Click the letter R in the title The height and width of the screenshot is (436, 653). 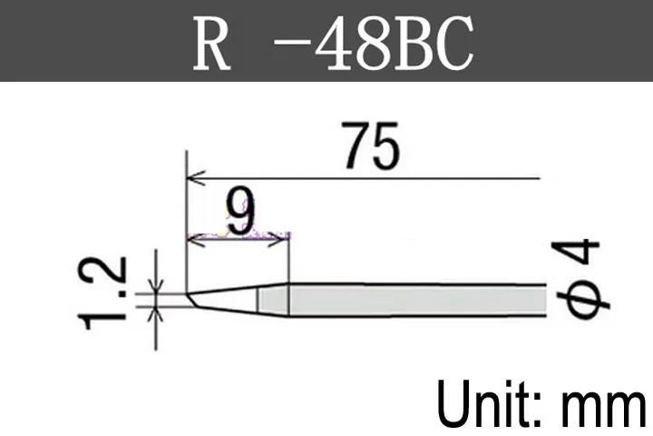point(211,44)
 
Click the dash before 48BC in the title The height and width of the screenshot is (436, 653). point(291,41)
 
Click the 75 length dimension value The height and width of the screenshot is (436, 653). point(373,145)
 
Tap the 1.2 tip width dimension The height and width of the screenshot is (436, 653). point(102,292)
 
